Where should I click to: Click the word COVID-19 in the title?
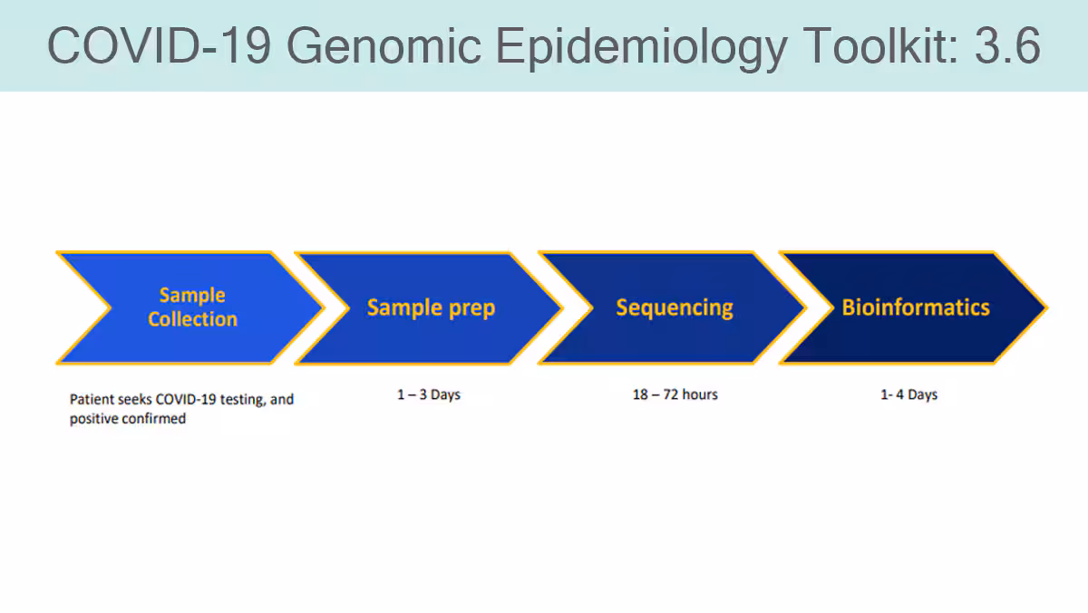pyautogui.click(x=159, y=45)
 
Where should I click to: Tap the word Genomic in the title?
pyautogui.click(x=384, y=45)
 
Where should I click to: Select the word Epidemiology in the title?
pyautogui.click(x=642, y=47)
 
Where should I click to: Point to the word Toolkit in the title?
pyautogui.click(x=880, y=44)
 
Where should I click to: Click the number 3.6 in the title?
pyautogui.click(x=1007, y=45)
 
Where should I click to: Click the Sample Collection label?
pyautogui.click(x=193, y=307)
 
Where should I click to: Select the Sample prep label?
pyautogui.click(x=431, y=308)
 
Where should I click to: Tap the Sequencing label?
pyautogui.click(x=675, y=308)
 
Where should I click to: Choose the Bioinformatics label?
pyautogui.click(x=916, y=307)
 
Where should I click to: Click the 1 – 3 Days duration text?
pyautogui.click(x=429, y=394)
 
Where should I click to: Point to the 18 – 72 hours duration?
pyautogui.click(x=675, y=394)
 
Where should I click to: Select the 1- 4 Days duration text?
pyautogui.click(x=908, y=394)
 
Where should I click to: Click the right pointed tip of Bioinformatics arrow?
pyautogui.click(x=1046, y=307)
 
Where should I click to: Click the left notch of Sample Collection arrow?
pyautogui.click(x=110, y=307)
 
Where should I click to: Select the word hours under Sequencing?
pyautogui.click(x=700, y=394)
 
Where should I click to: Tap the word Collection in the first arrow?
pyautogui.click(x=193, y=319)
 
